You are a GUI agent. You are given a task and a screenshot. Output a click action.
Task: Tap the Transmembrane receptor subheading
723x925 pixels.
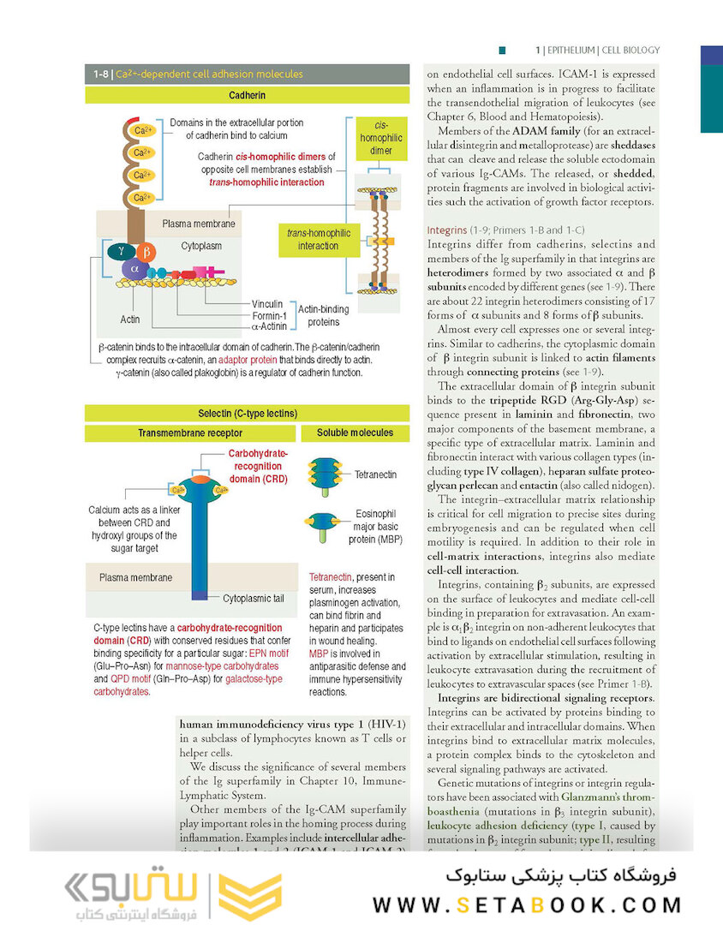(x=190, y=433)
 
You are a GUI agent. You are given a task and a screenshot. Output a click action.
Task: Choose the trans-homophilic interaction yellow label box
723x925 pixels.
(x=318, y=239)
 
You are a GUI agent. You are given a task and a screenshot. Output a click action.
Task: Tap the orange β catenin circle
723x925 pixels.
(x=146, y=252)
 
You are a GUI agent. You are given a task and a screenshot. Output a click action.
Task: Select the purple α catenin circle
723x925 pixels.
(x=134, y=269)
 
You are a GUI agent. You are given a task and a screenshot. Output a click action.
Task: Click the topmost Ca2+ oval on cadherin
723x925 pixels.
(x=142, y=130)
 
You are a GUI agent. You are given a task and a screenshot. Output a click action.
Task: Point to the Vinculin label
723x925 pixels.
(x=267, y=304)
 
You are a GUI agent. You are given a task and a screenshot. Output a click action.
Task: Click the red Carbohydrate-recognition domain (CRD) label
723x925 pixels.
(x=258, y=465)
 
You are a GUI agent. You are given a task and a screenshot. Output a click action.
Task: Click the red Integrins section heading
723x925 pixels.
(x=447, y=230)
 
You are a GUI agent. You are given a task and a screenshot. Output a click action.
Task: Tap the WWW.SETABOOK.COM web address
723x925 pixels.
(x=527, y=904)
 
